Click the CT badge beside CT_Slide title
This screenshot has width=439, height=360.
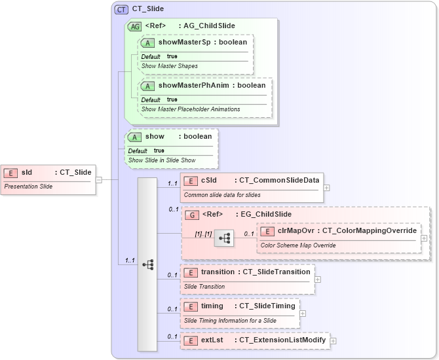coord(121,9)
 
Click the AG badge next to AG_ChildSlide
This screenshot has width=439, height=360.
coord(134,26)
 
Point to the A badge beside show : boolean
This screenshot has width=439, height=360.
coord(135,137)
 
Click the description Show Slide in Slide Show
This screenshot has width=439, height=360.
coord(162,160)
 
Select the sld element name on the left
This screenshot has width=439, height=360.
coord(27,173)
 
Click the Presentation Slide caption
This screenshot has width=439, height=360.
coord(29,187)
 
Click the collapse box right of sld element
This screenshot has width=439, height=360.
coord(99,179)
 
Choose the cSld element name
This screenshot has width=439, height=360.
coord(209,181)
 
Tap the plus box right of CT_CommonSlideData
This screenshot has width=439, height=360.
coord(326,187)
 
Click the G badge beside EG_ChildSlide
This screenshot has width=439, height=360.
coord(192,215)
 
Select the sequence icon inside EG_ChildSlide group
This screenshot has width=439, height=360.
coord(223,238)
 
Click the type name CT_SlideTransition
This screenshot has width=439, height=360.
coord(274,272)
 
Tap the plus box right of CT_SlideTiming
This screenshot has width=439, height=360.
coord(303,313)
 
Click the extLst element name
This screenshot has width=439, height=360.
coord(212,340)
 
